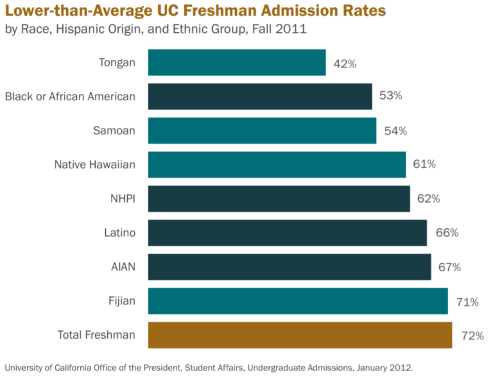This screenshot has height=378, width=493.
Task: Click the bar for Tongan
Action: tap(236, 62)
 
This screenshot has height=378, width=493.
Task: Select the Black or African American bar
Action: tap(260, 96)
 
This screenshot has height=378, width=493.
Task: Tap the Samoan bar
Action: tap(262, 130)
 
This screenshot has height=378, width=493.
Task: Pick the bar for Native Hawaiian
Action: tap(277, 165)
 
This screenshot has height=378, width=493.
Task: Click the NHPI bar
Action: tap(279, 199)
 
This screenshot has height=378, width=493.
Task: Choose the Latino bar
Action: tap(287, 233)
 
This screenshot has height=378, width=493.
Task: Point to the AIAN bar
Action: tap(290, 267)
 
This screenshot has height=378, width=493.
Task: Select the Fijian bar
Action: tap(298, 301)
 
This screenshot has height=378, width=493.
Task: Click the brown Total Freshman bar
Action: tap(300, 335)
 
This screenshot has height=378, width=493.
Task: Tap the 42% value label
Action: tap(345, 64)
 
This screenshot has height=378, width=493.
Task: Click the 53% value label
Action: tap(391, 96)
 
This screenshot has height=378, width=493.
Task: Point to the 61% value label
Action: tap(424, 164)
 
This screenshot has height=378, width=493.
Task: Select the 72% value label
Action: tap(472, 335)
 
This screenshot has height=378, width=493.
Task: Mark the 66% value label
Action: tap(447, 233)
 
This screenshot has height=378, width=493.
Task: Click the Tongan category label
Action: tap(117, 62)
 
